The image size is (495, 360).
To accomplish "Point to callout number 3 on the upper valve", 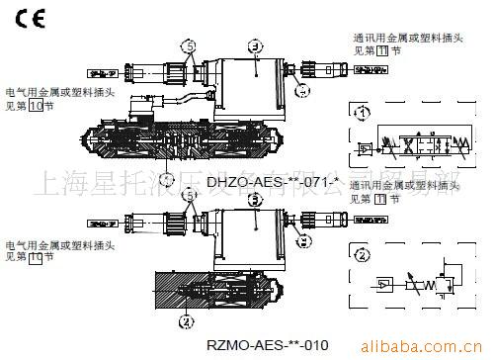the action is point(255,45).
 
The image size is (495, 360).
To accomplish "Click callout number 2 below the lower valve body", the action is point(185,318).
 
